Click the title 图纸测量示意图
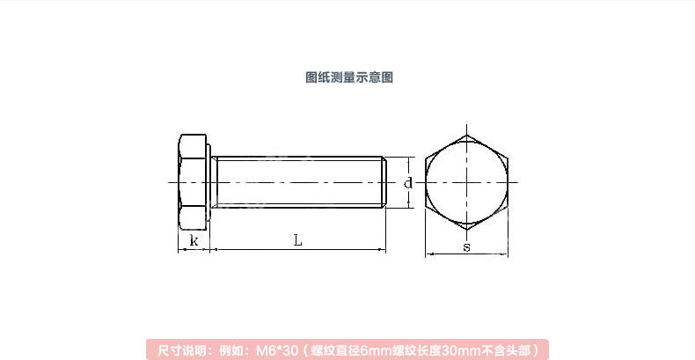coord(348,77)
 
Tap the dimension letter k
coord(194,240)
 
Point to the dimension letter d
coord(408,183)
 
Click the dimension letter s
coord(466,247)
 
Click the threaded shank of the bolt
coord(299,182)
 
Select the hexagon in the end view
coord(466,182)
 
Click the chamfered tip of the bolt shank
coord(384,182)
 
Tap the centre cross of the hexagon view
coord(466,182)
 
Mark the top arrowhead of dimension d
coord(411,160)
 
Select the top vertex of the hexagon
coord(466,135)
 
